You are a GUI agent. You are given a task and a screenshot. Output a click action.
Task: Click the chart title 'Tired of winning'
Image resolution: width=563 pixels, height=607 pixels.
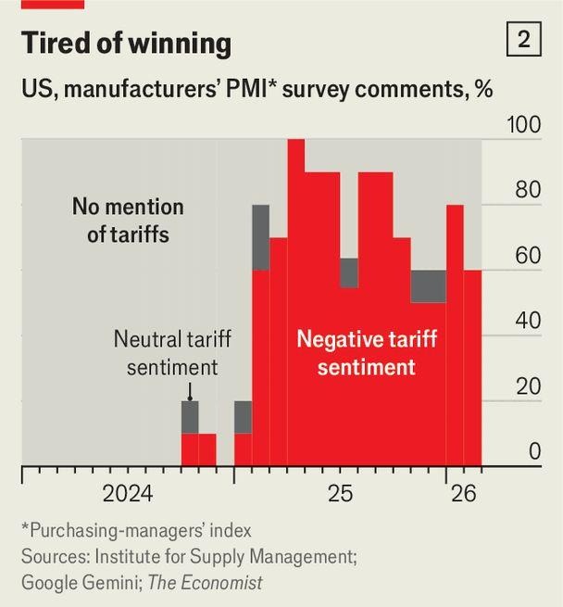(126, 44)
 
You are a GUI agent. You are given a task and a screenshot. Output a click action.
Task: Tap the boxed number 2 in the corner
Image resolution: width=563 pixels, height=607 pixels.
(523, 40)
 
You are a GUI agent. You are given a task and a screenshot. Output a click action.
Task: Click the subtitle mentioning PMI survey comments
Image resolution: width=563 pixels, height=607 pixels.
(256, 90)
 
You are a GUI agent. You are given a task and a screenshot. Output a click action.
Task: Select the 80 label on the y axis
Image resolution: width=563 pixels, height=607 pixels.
(527, 191)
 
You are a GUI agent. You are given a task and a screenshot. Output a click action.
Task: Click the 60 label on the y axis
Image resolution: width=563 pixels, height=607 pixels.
(527, 257)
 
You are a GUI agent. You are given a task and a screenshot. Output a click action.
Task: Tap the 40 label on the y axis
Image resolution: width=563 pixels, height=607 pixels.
(527, 322)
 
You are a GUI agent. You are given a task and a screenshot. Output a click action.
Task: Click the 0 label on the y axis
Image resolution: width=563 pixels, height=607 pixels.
(534, 452)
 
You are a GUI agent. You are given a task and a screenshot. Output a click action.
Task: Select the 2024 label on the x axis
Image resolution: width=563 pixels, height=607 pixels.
(128, 494)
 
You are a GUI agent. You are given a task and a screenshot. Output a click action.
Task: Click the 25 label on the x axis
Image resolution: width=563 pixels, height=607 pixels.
(340, 494)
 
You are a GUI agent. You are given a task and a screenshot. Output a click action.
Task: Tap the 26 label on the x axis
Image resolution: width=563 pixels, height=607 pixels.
(463, 494)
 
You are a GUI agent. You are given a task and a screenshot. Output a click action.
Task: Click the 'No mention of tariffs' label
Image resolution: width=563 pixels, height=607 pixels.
(128, 220)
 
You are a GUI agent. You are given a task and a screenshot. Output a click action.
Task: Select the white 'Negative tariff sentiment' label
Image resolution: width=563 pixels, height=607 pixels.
(366, 353)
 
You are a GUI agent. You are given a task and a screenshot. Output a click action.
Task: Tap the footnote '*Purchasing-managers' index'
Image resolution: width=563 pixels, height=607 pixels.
(136, 531)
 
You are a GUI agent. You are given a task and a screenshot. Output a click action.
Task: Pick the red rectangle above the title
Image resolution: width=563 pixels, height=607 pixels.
(52, 4)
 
